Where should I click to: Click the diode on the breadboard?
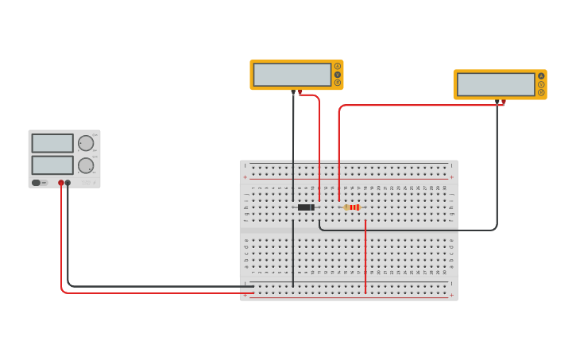point(306,207)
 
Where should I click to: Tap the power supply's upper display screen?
point(52,143)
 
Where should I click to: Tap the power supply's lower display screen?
point(52,165)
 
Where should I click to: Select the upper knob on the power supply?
point(85,143)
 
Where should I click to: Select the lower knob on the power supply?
point(85,165)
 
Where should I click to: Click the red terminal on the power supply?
point(60,183)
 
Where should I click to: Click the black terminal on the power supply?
point(68,183)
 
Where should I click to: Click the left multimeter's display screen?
point(292,75)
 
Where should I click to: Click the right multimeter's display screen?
point(495,84)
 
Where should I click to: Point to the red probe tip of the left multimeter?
point(300,93)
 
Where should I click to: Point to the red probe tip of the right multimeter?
point(503,103)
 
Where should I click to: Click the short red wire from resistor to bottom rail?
point(365,254)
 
